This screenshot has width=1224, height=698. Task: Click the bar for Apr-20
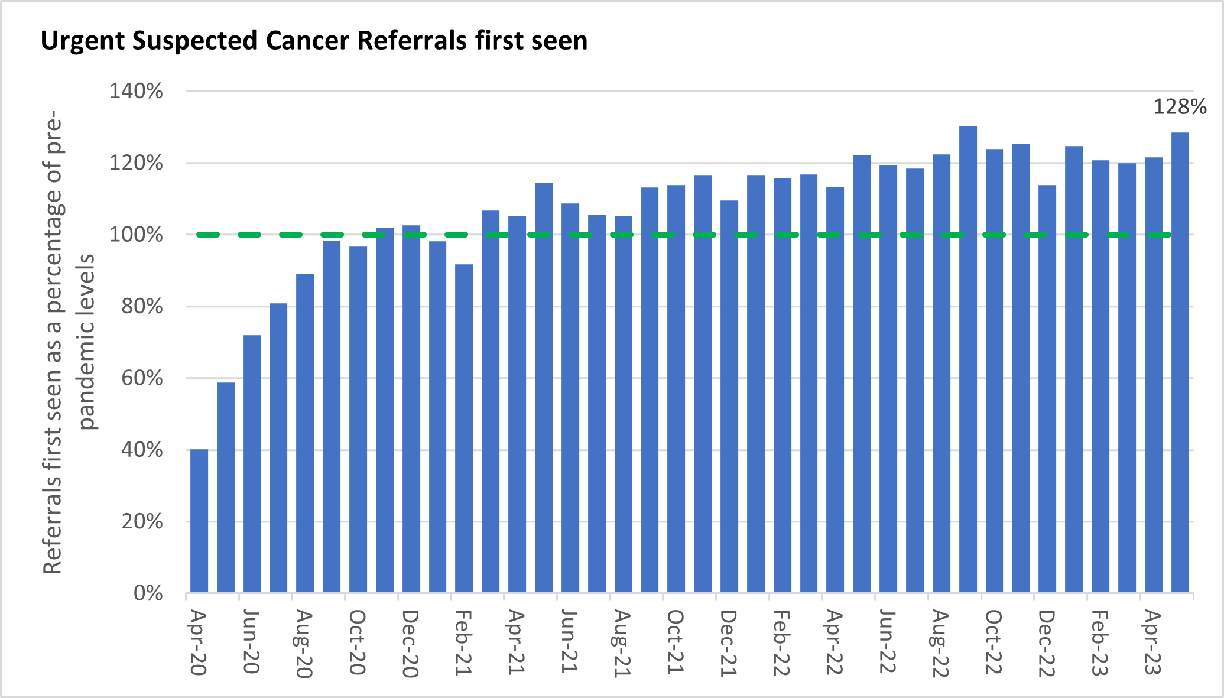pyautogui.click(x=199, y=521)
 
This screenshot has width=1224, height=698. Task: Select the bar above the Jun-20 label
pyautogui.click(x=252, y=464)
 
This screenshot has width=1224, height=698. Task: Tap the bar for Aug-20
pyautogui.click(x=305, y=433)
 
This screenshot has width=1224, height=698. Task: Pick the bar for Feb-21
pyautogui.click(x=464, y=428)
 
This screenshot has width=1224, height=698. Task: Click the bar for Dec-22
pyautogui.click(x=1047, y=389)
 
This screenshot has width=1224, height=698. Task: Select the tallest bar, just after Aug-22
pyautogui.click(x=968, y=359)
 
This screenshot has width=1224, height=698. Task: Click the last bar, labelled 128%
pyautogui.click(x=1180, y=362)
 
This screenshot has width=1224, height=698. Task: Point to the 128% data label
pyautogui.click(x=1180, y=107)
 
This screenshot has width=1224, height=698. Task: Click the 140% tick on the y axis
pyautogui.click(x=136, y=91)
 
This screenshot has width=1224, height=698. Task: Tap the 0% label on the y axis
pyautogui.click(x=148, y=593)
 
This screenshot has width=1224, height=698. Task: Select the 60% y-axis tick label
pyautogui.click(x=142, y=378)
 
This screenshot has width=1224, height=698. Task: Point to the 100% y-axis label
pyautogui.click(x=136, y=235)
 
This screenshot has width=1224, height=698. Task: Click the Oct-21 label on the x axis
pyautogui.click(x=675, y=642)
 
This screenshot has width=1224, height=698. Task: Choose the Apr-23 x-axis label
pyautogui.click(x=1153, y=642)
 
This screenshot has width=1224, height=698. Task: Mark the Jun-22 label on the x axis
pyautogui.click(x=887, y=642)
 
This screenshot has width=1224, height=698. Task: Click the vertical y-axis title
pyautogui.click(x=69, y=342)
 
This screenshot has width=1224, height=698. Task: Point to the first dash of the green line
pyautogui.click(x=208, y=235)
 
